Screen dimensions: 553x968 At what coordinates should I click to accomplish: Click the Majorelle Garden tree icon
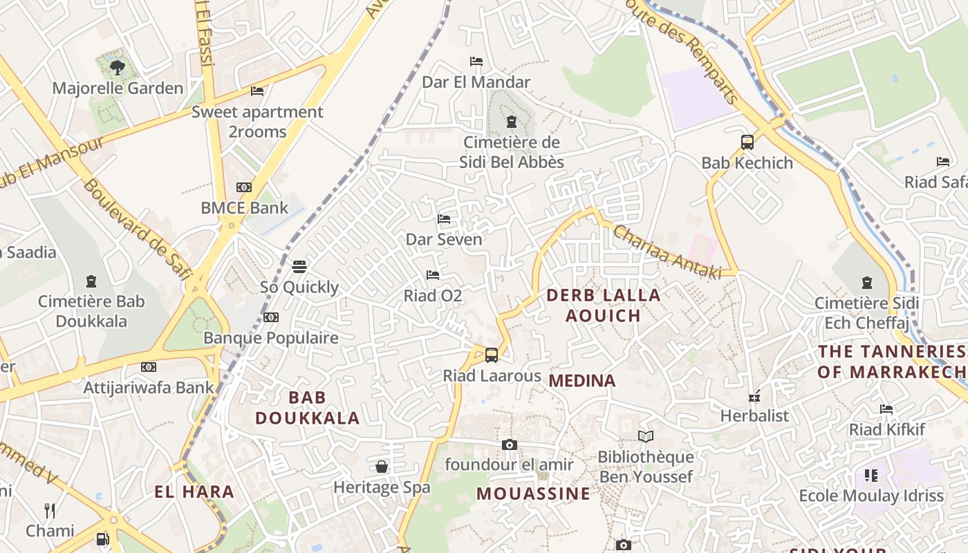click(x=118, y=67)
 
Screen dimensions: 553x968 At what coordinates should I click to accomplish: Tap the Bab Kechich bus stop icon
click(x=747, y=142)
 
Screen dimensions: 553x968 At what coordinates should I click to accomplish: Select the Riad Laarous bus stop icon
click(x=492, y=355)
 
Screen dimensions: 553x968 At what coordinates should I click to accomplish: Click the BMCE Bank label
click(x=244, y=207)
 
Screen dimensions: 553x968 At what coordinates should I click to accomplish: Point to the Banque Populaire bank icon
click(x=271, y=317)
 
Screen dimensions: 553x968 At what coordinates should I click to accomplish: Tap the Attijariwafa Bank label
click(x=149, y=387)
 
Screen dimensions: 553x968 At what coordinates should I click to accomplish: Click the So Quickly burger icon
click(x=299, y=266)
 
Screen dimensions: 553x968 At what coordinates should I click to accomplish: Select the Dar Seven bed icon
click(x=444, y=219)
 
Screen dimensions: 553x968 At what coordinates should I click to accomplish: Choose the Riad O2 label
click(x=433, y=296)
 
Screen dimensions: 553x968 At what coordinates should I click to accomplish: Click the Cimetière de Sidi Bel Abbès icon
click(x=512, y=122)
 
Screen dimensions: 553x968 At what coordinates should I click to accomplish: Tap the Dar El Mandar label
click(x=476, y=82)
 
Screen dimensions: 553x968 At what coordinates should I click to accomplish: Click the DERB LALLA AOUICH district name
click(x=604, y=306)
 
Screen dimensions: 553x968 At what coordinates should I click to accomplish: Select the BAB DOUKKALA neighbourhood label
click(x=308, y=408)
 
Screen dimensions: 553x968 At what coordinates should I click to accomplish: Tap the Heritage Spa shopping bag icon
click(x=382, y=467)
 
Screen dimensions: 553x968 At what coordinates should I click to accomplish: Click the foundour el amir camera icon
click(x=510, y=444)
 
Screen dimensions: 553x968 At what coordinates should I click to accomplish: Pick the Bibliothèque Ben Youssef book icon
click(x=646, y=436)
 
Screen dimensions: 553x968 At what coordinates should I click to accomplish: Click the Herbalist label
click(x=754, y=415)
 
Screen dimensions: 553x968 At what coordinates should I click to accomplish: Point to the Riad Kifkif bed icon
click(x=886, y=409)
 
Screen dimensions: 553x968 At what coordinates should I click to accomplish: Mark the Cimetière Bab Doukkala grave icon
click(x=91, y=281)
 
